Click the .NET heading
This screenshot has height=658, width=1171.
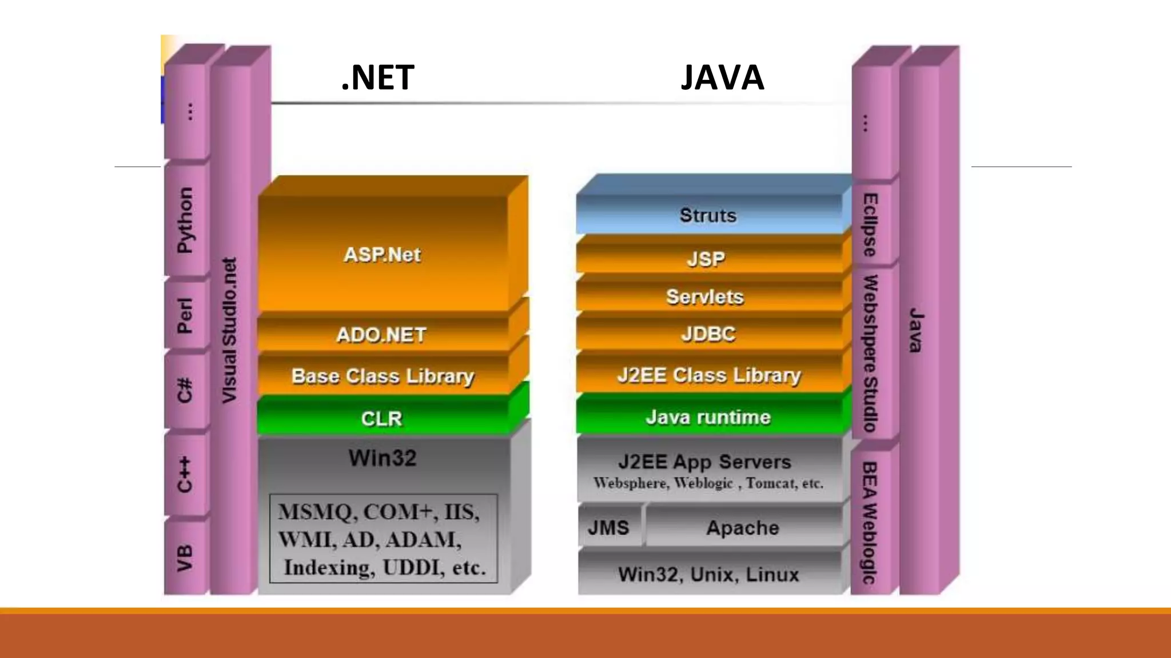pos(377,78)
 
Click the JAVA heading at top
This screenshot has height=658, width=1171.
pos(722,78)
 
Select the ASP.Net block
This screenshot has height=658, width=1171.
pos(382,255)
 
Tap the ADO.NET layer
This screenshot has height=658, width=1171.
pos(381,335)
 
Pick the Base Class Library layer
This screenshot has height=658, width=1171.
pos(383,376)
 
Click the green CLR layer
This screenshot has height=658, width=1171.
pos(381,419)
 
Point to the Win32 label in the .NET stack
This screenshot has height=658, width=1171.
pos(383,458)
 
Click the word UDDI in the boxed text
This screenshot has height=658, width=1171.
pos(413,568)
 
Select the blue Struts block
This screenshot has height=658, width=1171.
pos(708,215)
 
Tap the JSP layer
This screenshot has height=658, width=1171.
pos(706,259)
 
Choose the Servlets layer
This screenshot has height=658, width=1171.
pos(705,297)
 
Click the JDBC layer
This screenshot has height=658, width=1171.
pos(708,334)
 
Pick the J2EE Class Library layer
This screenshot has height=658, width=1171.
pos(708,375)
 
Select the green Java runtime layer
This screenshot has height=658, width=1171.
pos(708,417)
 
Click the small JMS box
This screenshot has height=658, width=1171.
pos(608,527)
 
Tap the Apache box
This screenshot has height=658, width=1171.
pos(742,527)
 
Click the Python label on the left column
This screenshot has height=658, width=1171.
pos(185,220)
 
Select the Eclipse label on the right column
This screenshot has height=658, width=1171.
pos(870,224)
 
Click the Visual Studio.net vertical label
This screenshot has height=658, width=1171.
pos(229,330)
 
